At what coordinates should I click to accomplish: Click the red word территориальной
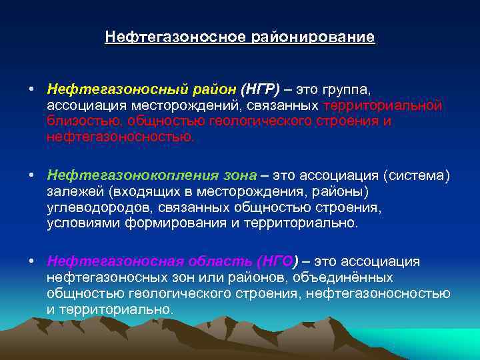tap(383, 106)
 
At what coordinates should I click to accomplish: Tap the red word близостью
tap(85, 122)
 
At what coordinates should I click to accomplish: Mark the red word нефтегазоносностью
tap(119, 138)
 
